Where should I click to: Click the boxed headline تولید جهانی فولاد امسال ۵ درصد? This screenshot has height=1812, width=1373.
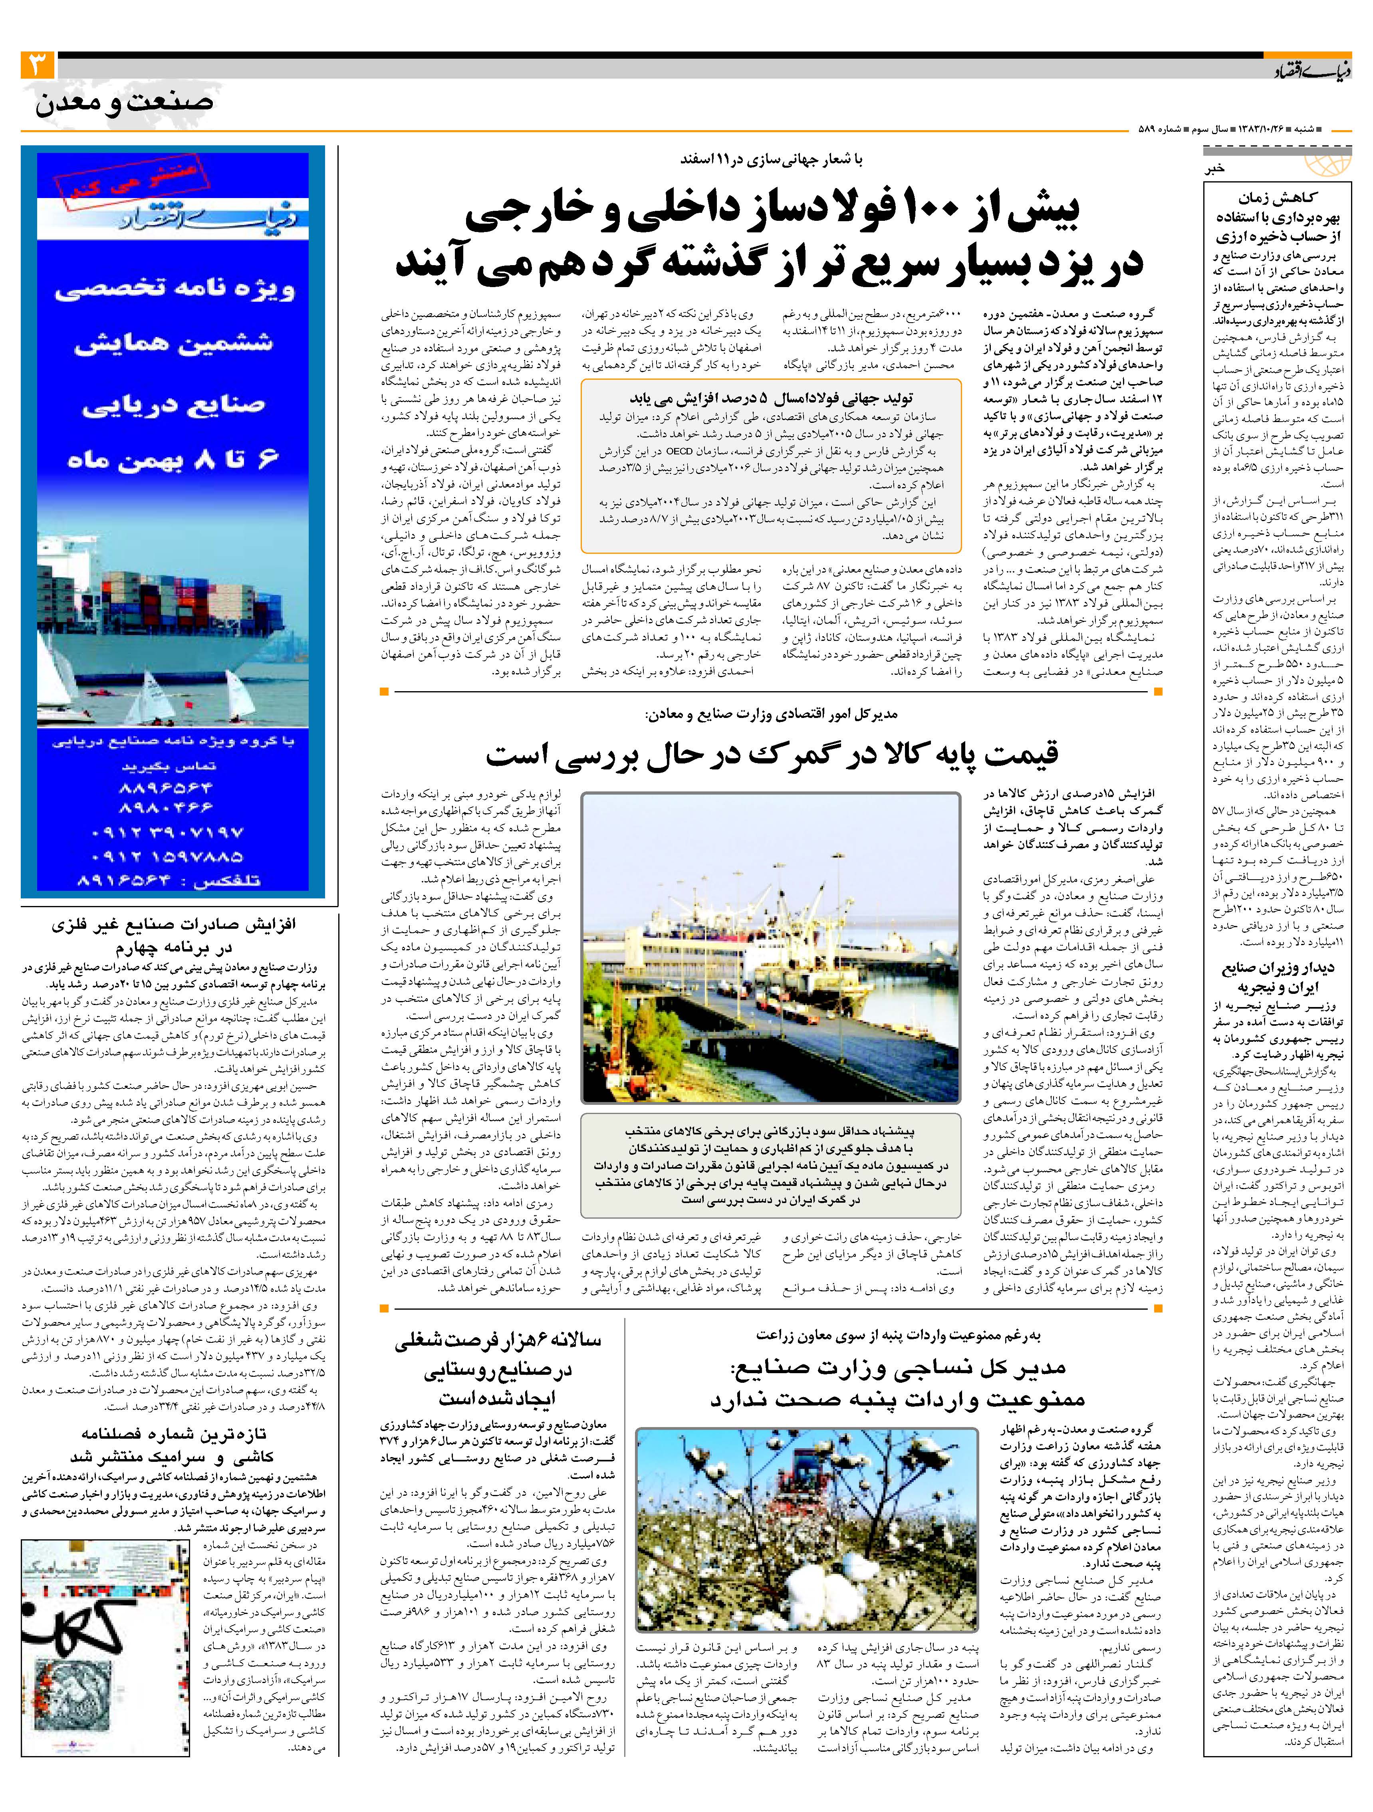pos(770,399)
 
